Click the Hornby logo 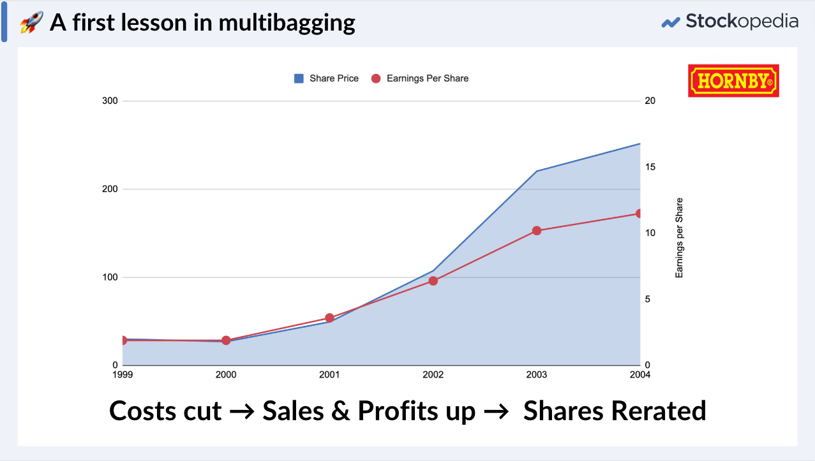pyautogui.click(x=733, y=80)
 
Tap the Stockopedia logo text pyautogui.click(x=741, y=22)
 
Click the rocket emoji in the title pyautogui.click(x=31, y=23)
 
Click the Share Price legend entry pyautogui.click(x=327, y=78)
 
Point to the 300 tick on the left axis pyautogui.click(x=110, y=101)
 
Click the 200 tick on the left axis pyautogui.click(x=110, y=189)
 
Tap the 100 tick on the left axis pyautogui.click(x=110, y=277)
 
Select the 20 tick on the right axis pyautogui.click(x=650, y=101)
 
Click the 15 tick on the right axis pyautogui.click(x=650, y=167)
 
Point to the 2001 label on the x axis pyautogui.click(x=329, y=375)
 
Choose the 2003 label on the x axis pyautogui.click(x=536, y=375)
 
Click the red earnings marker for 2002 pyautogui.click(x=433, y=281)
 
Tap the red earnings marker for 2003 pyautogui.click(x=536, y=231)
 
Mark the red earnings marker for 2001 pyautogui.click(x=329, y=318)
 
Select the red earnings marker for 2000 pyautogui.click(x=226, y=340)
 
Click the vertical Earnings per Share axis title pyautogui.click(x=679, y=238)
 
